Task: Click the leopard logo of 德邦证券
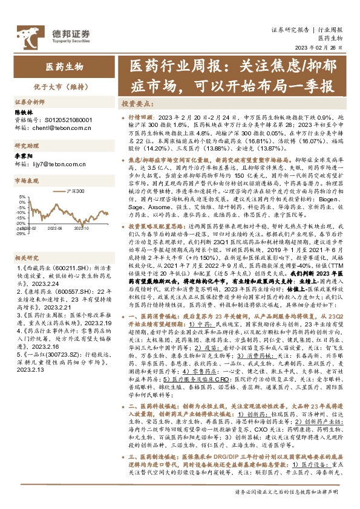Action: (28, 33)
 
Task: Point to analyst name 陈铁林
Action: (24, 112)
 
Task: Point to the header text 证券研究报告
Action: (290, 28)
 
